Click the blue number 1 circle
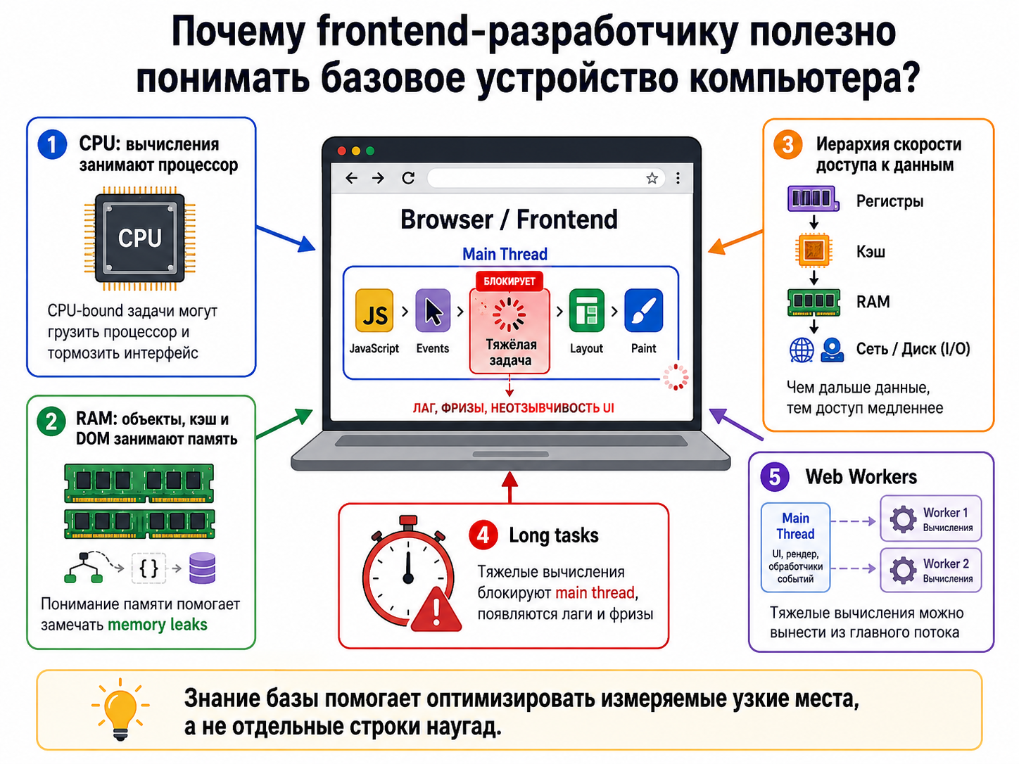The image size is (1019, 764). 52,144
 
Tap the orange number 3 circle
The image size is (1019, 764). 787,144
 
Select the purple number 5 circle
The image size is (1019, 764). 774,476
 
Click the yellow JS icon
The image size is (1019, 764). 374,310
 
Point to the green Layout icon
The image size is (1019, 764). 586,310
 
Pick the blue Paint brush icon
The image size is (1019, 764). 643,310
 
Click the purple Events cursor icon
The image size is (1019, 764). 433,310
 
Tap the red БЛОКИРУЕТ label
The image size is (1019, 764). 509,281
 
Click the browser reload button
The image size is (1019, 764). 408,178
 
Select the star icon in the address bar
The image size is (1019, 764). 652,178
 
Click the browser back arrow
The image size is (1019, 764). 351,178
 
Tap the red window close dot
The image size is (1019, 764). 342,151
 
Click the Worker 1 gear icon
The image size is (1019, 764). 903,518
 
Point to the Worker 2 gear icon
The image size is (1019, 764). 903,570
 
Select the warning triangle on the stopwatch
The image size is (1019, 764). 436,609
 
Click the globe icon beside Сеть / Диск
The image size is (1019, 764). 802,350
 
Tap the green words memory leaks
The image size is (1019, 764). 158,625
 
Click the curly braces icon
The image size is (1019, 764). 149,568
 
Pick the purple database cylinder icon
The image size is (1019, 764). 203,568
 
